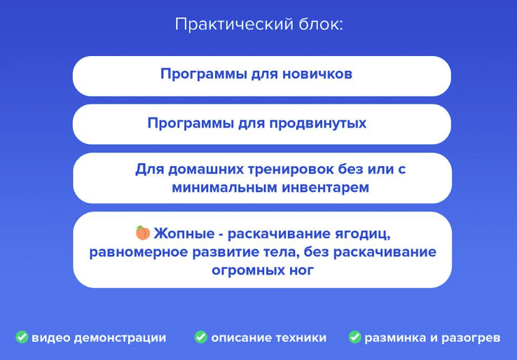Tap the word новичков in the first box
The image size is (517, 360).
point(315,74)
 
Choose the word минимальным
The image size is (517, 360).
point(217,188)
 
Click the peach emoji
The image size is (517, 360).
point(143,233)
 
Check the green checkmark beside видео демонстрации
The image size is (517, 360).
point(22,338)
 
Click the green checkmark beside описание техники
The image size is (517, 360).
point(201,338)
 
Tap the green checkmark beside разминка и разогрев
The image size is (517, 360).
point(355,338)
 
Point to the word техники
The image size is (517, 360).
point(298,338)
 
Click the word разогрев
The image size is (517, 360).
point(469,338)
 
